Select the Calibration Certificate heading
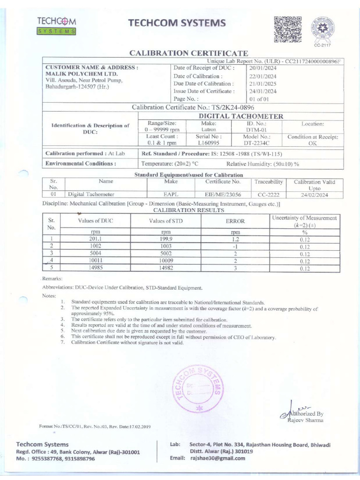(x=188, y=53)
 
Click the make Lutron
(x=208, y=129)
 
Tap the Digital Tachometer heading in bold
(x=241, y=116)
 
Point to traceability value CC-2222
(x=269, y=194)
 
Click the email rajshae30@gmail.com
(x=217, y=458)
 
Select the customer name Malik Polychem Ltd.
(x=75, y=74)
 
